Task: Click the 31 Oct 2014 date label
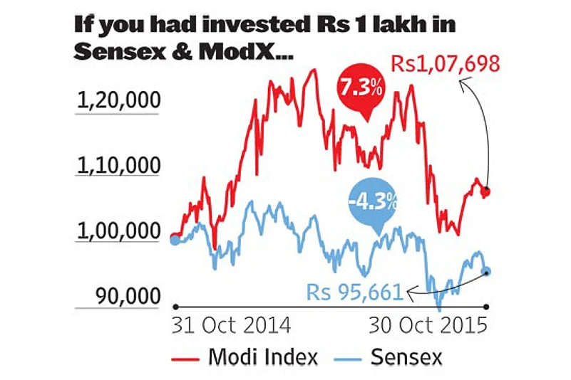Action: pyautogui.click(x=232, y=326)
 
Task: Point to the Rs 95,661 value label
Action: pyautogui.click(x=354, y=291)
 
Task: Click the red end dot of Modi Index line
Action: pyautogui.click(x=486, y=191)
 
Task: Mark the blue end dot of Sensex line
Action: pyautogui.click(x=487, y=271)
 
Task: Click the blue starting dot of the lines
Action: pyautogui.click(x=175, y=239)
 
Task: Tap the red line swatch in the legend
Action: pyautogui.click(x=187, y=357)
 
